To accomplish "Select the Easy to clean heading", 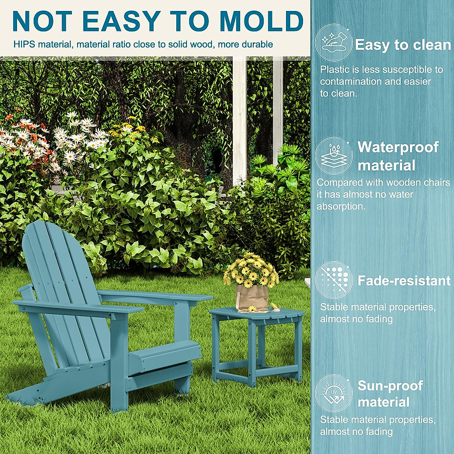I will point(403,45).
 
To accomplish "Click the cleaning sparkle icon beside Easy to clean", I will point(334,42).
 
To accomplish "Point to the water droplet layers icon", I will point(334,155).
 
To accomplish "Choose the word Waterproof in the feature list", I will point(398,147).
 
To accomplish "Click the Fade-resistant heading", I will point(404,280).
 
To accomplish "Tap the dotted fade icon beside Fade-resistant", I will point(334,280).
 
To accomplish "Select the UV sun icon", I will point(334,393).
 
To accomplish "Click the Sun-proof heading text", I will point(390,386).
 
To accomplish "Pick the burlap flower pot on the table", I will point(252,297).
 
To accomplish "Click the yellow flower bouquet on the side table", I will point(251,269).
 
